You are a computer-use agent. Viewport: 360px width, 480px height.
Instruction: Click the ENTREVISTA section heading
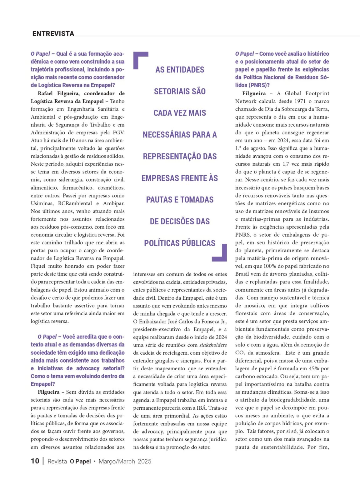coord(53,34)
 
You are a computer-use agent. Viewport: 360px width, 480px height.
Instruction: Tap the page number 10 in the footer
coord(35,461)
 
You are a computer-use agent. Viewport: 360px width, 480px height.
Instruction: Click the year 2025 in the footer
coord(144,462)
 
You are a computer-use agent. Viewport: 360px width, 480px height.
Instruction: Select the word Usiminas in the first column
coord(41,203)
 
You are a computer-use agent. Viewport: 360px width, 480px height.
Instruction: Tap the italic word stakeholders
coord(213,345)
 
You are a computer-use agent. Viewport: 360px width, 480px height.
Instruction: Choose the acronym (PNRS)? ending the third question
coord(252,85)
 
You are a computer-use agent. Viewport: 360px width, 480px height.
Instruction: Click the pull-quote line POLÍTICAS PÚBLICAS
coord(180,243)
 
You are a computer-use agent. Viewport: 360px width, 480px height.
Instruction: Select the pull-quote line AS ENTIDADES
coord(180,70)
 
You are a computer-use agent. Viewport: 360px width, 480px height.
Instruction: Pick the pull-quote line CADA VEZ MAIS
coord(180,113)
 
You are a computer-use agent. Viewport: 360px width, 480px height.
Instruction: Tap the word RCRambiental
coord(75,203)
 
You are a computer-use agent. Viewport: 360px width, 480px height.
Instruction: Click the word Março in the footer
coord(107,462)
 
